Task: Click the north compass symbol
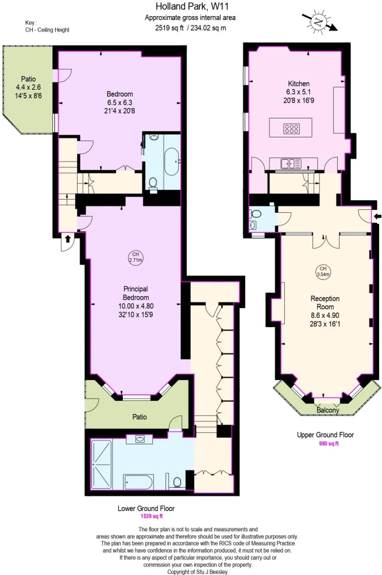pos(319,22)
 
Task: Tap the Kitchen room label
pos(299,83)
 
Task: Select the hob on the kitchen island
pos(292,128)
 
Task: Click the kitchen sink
pos(291,163)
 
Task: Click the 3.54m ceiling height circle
pos(323,271)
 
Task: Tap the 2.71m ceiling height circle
pos(136,257)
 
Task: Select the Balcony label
pos(328,410)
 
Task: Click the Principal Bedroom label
pos(136,293)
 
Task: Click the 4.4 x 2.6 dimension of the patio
pos(28,87)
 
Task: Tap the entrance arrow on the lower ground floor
pos(67,239)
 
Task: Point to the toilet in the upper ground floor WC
pos(256,213)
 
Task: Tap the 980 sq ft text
pos(329,443)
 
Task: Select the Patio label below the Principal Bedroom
pos(140,417)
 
